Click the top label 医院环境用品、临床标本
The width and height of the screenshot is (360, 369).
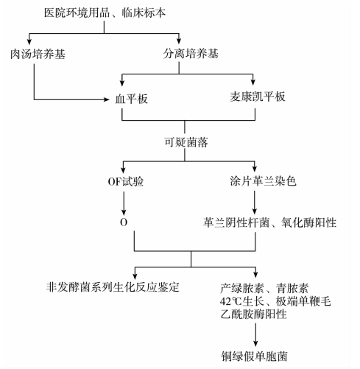point(105,13)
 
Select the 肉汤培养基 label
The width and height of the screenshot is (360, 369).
point(38,54)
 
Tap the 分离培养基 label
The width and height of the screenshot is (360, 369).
point(191,53)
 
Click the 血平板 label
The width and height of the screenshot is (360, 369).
point(131,99)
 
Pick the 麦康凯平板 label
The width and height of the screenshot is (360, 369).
point(258,96)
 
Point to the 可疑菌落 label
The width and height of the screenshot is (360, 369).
point(186,142)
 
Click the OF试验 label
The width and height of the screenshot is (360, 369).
point(126,182)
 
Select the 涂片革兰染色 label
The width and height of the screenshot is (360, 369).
point(263,181)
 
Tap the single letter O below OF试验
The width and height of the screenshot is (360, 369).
point(124,222)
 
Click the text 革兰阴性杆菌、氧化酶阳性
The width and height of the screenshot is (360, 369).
point(269,222)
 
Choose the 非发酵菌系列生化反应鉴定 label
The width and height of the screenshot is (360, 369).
point(113,287)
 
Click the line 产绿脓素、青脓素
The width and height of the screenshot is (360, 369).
point(264,288)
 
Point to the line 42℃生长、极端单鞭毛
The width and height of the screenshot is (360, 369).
point(275,301)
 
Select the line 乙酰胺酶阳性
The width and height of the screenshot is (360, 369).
point(253,314)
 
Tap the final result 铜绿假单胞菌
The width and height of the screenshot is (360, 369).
point(254,356)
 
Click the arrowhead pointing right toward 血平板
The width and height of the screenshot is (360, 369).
point(107,99)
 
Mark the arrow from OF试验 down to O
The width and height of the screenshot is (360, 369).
point(124,203)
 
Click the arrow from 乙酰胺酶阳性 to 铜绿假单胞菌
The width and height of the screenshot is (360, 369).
point(255,334)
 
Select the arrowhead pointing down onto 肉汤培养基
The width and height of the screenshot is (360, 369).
point(29,41)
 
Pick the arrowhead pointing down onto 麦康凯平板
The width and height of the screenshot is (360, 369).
point(253,82)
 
